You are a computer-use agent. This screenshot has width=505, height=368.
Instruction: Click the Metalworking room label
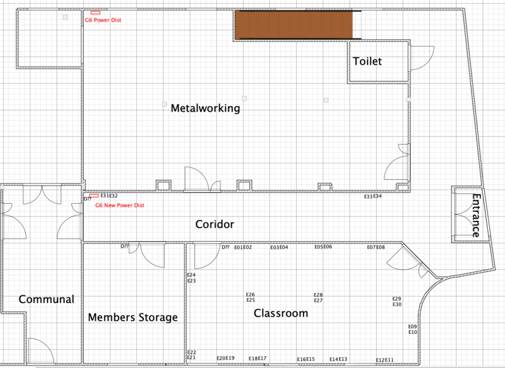coord(206,108)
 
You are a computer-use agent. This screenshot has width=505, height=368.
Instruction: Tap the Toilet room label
coord(367,61)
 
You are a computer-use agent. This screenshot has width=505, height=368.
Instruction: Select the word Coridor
coord(215,224)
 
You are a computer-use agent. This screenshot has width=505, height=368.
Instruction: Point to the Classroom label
coord(281,313)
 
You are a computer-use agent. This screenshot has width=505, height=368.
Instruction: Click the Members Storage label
coord(133,317)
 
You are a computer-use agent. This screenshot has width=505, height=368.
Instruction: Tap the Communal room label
coord(46,299)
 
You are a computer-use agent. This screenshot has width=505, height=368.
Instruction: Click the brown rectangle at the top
coord(294,25)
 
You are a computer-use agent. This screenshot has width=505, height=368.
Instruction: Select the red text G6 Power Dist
coord(103,20)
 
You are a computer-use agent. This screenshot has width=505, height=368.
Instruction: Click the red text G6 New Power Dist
coord(120,205)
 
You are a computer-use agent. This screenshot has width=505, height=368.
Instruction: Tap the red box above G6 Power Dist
coord(95,13)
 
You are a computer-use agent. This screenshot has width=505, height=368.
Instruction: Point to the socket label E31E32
coord(109,196)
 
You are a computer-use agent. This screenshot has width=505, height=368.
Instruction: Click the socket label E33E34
coord(373,196)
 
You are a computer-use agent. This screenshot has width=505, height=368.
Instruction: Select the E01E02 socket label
coord(243,247)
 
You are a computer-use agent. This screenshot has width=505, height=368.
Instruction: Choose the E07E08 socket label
coord(376,247)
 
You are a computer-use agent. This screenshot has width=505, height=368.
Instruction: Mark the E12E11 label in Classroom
coord(385,360)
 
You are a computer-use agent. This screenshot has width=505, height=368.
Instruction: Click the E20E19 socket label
coord(225,358)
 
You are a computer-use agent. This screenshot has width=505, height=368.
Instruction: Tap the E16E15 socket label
coord(306,359)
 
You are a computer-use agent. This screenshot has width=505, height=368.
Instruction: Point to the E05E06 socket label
coord(323,247)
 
